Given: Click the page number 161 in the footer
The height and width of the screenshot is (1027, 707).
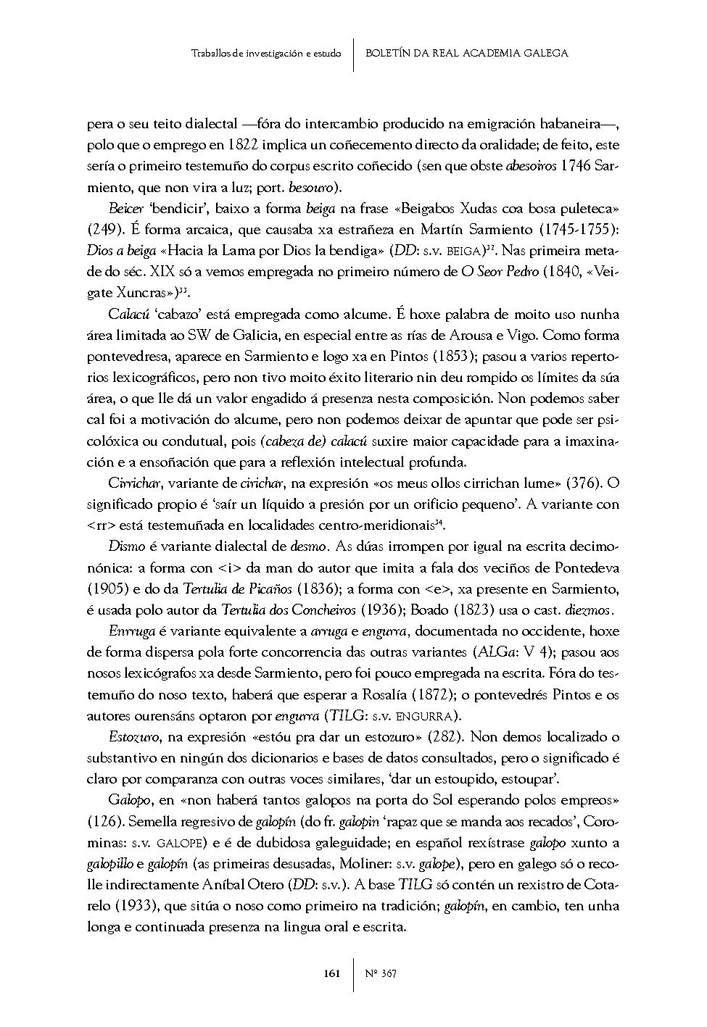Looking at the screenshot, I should tap(331, 973).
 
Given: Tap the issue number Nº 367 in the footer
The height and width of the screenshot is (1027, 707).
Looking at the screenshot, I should tap(381, 973).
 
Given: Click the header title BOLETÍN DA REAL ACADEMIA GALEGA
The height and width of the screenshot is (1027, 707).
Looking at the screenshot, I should tap(466, 53).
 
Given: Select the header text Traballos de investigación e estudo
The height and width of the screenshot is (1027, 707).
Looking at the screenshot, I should tap(266, 53).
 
